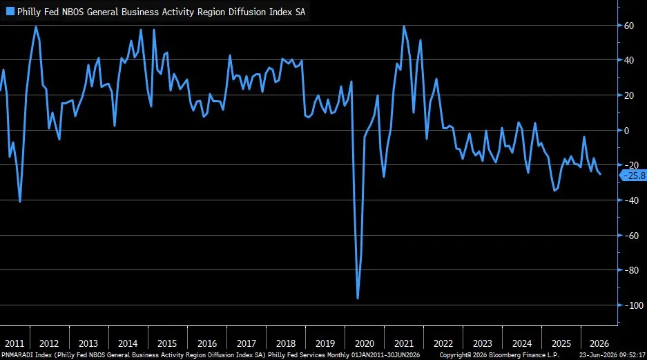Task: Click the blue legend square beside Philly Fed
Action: click(x=10, y=12)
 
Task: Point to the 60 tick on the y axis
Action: click(x=629, y=26)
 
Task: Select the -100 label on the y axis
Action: click(x=633, y=305)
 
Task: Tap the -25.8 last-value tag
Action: click(x=633, y=176)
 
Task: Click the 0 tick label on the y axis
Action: click(x=627, y=131)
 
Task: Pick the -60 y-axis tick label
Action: click(x=631, y=236)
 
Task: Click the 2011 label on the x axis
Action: click(x=15, y=343)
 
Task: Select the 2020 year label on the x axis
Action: click(x=365, y=343)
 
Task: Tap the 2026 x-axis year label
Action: click(x=599, y=343)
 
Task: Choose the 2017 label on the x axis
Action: click(x=247, y=343)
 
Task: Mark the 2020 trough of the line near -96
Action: click(x=358, y=298)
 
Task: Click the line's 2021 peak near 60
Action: click(x=403, y=26)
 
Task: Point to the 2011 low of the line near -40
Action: click(x=20, y=201)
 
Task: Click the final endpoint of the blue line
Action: click(x=600, y=175)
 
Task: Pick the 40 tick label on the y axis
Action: click(x=629, y=60)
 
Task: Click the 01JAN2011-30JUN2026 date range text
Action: click(x=386, y=355)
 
